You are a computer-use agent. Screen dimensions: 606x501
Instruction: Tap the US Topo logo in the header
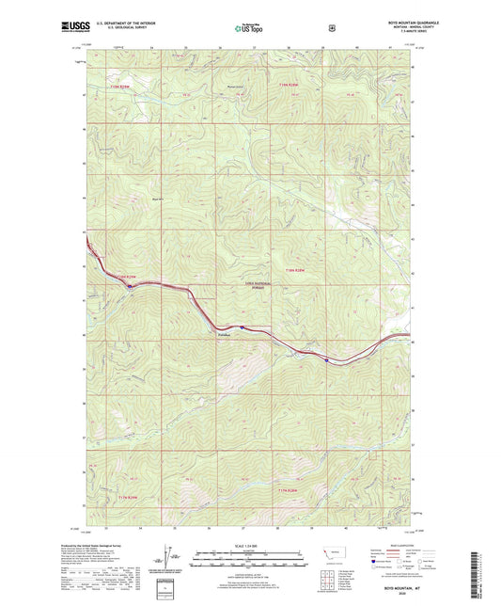(250, 29)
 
